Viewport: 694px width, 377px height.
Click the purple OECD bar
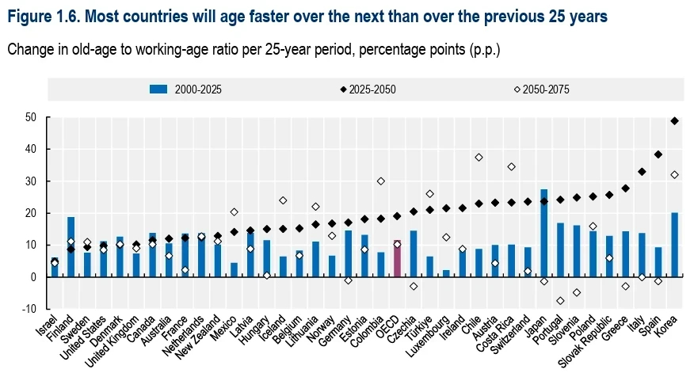[397, 259]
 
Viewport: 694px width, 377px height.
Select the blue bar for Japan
[544, 233]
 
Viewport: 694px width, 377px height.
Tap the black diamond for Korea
[674, 121]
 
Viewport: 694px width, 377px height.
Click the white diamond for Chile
[479, 158]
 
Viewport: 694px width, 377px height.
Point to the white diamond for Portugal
[560, 301]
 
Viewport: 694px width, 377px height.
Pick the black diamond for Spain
[658, 154]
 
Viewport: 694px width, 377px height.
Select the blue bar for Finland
[71, 247]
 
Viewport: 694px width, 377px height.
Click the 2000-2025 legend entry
[185, 89]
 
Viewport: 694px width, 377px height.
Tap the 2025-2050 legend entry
[368, 89]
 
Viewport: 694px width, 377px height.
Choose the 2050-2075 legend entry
[542, 89]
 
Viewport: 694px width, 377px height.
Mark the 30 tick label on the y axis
[31, 181]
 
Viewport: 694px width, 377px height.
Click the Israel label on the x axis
[47, 326]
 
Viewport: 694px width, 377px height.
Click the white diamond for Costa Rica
[511, 167]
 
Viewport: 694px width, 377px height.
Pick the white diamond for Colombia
[380, 181]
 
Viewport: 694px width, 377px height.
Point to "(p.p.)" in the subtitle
[485, 50]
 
